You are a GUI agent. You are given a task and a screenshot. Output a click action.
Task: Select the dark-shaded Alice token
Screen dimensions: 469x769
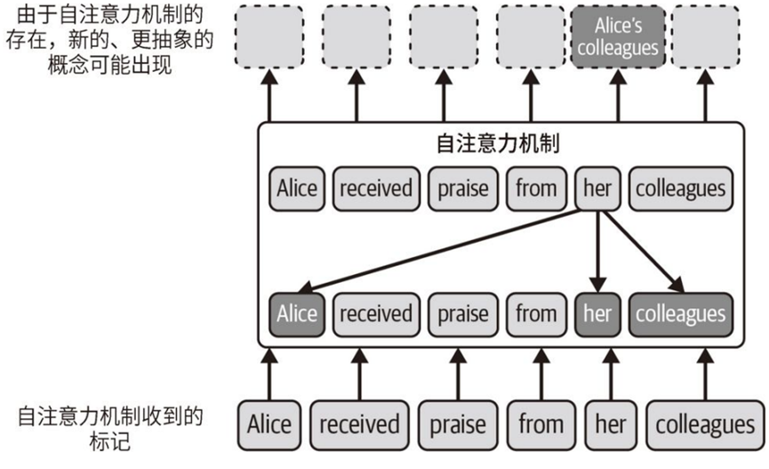coord(296,313)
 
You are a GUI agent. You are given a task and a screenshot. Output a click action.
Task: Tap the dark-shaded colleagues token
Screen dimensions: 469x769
coord(681,313)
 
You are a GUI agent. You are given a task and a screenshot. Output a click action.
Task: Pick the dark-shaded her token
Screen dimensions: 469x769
coord(597,313)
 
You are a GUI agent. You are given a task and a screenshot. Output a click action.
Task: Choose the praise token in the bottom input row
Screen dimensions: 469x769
coord(459,425)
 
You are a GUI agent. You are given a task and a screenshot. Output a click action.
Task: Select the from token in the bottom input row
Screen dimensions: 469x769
coord(541,425)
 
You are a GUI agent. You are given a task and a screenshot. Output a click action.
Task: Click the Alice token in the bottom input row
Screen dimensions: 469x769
coord(269,425)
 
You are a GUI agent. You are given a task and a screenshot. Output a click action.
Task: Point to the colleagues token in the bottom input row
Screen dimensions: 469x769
coord(704,425)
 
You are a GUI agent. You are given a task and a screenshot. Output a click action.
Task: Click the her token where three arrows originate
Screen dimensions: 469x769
coord(597,189)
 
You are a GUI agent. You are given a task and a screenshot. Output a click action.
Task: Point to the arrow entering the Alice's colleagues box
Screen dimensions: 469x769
coord(619,94)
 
